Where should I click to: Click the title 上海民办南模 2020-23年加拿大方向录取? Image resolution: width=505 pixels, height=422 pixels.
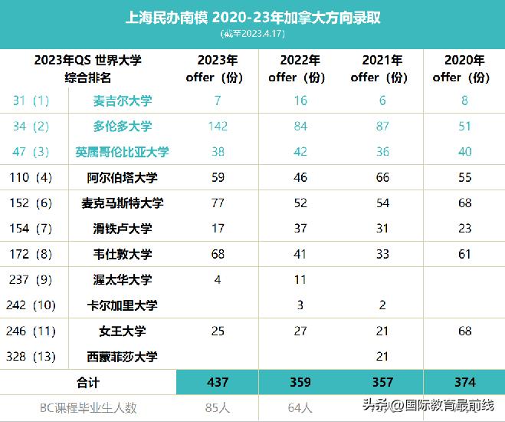[252, 18]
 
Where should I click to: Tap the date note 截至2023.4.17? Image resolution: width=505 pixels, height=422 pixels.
[252, 34]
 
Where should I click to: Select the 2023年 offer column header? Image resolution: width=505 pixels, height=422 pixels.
[218, 68]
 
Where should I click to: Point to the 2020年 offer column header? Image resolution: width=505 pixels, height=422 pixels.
[464, 68]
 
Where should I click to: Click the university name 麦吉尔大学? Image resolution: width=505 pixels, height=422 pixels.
[123, 101]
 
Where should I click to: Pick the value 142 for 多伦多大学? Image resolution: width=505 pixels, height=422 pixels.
[218, 127]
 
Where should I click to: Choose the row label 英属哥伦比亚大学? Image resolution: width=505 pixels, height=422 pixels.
[123, 152]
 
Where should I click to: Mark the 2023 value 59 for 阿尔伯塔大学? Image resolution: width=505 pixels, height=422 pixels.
[218, 177]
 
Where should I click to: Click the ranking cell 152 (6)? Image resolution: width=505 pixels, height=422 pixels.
[31, 203]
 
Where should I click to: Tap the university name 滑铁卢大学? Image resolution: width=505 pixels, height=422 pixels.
[123, 229]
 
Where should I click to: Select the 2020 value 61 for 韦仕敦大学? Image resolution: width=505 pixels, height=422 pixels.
[464, 254]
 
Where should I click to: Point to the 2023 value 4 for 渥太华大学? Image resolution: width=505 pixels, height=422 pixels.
[218, 279]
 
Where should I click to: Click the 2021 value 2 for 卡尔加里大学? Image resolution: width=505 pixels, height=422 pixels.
[382, 305]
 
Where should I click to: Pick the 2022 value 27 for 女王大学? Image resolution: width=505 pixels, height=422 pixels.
[300, 331]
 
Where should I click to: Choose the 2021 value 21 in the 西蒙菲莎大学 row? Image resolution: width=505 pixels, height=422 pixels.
[382, 356]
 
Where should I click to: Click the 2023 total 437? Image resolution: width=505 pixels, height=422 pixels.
[218, 382]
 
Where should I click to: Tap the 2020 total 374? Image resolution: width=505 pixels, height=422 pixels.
[464, 382]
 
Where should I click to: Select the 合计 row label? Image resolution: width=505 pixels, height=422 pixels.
[88, 382]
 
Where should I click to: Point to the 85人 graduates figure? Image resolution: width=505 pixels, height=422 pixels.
[218, 407]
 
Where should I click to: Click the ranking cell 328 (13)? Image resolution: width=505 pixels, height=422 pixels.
[31, 356]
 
